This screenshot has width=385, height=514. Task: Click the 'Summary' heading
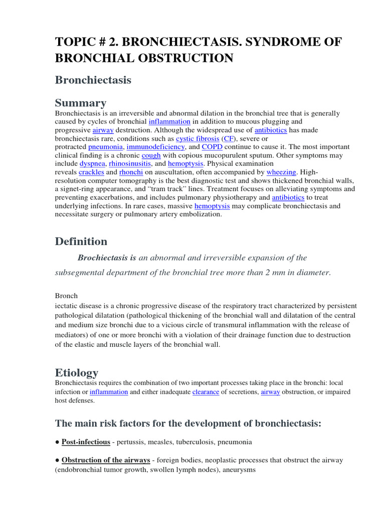coord(80,103)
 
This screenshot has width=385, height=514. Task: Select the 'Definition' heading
coord(81,241)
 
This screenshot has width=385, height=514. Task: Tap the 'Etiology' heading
coord(76,372)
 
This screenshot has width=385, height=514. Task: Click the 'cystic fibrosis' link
coord(198,138)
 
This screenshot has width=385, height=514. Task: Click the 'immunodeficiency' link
coord(156,147)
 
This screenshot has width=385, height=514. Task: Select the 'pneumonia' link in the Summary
coord(105,147)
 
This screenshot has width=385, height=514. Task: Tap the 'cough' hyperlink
coord(151,156)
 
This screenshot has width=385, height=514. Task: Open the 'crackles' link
coord(91,172)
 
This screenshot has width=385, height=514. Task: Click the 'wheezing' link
coord(281,172)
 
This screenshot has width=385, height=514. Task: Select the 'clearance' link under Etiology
coord(206,392)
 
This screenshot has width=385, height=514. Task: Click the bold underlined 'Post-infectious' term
coord(86,442)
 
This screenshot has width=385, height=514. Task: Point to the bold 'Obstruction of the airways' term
coord(106,460)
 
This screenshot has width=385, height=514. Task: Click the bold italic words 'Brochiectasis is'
coord(107,258)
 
